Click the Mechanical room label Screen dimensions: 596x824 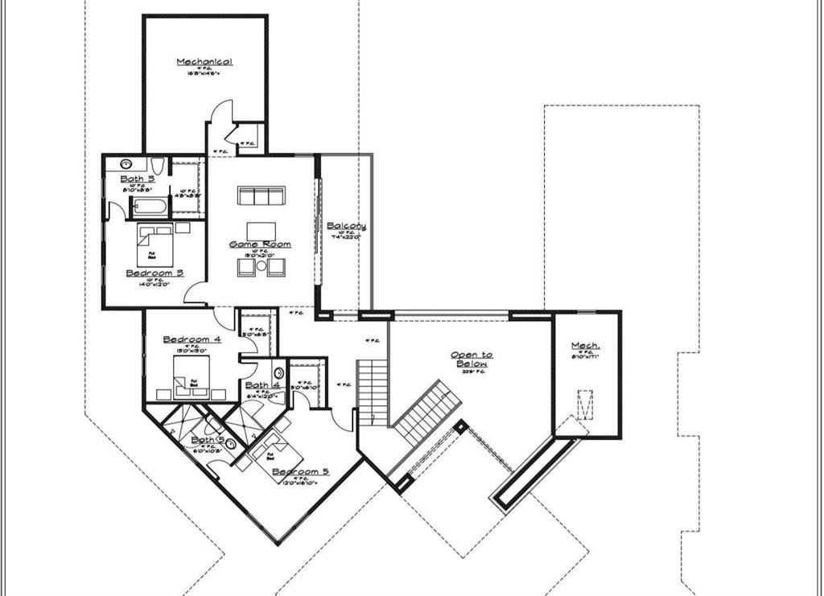click(x=204, y=62)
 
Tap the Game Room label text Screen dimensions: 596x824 click(x=260, y=245)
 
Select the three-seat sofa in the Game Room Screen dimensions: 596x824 click(x=261, y=196)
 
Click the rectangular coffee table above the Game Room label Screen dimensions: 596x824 click(x=261, y=229)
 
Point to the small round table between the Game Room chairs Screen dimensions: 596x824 click(x=261, y=266)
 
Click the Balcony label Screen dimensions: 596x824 click(x=346, y=227)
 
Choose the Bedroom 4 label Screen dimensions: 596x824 click(x=192, y=339)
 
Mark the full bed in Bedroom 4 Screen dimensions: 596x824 click(x=192, y=375)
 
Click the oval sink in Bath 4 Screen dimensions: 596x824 click(x=278, y=372)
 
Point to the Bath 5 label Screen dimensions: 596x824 click(x=208, y=439)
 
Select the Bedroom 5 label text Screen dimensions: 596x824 click(x=300, y=472)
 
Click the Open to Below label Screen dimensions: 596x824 click(x=472, y=360)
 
